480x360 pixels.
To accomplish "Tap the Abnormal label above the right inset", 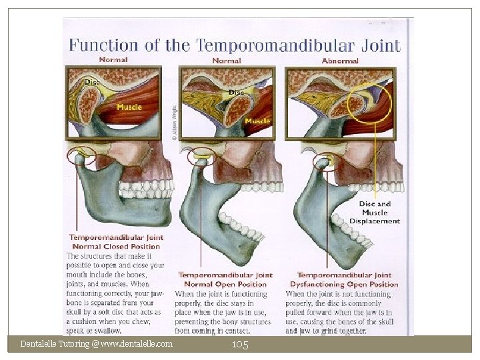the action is click(x=340, y=61).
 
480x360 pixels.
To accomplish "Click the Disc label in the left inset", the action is click(x=91, y=82).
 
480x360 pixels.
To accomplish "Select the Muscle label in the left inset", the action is click(x=129, y=107).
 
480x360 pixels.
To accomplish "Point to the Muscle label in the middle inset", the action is click(x=257, y=121).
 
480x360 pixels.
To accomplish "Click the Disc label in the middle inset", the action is click(x=236, y=91).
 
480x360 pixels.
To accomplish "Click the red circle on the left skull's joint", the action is click(x=81, y=159).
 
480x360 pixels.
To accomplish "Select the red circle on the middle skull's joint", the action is click(x=200, y=157).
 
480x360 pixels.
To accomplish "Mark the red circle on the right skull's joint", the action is click(x=327, y=162).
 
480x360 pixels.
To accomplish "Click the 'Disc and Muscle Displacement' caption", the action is click(x=375, y=212).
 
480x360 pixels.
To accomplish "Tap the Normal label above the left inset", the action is click(x=113, y=59).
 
